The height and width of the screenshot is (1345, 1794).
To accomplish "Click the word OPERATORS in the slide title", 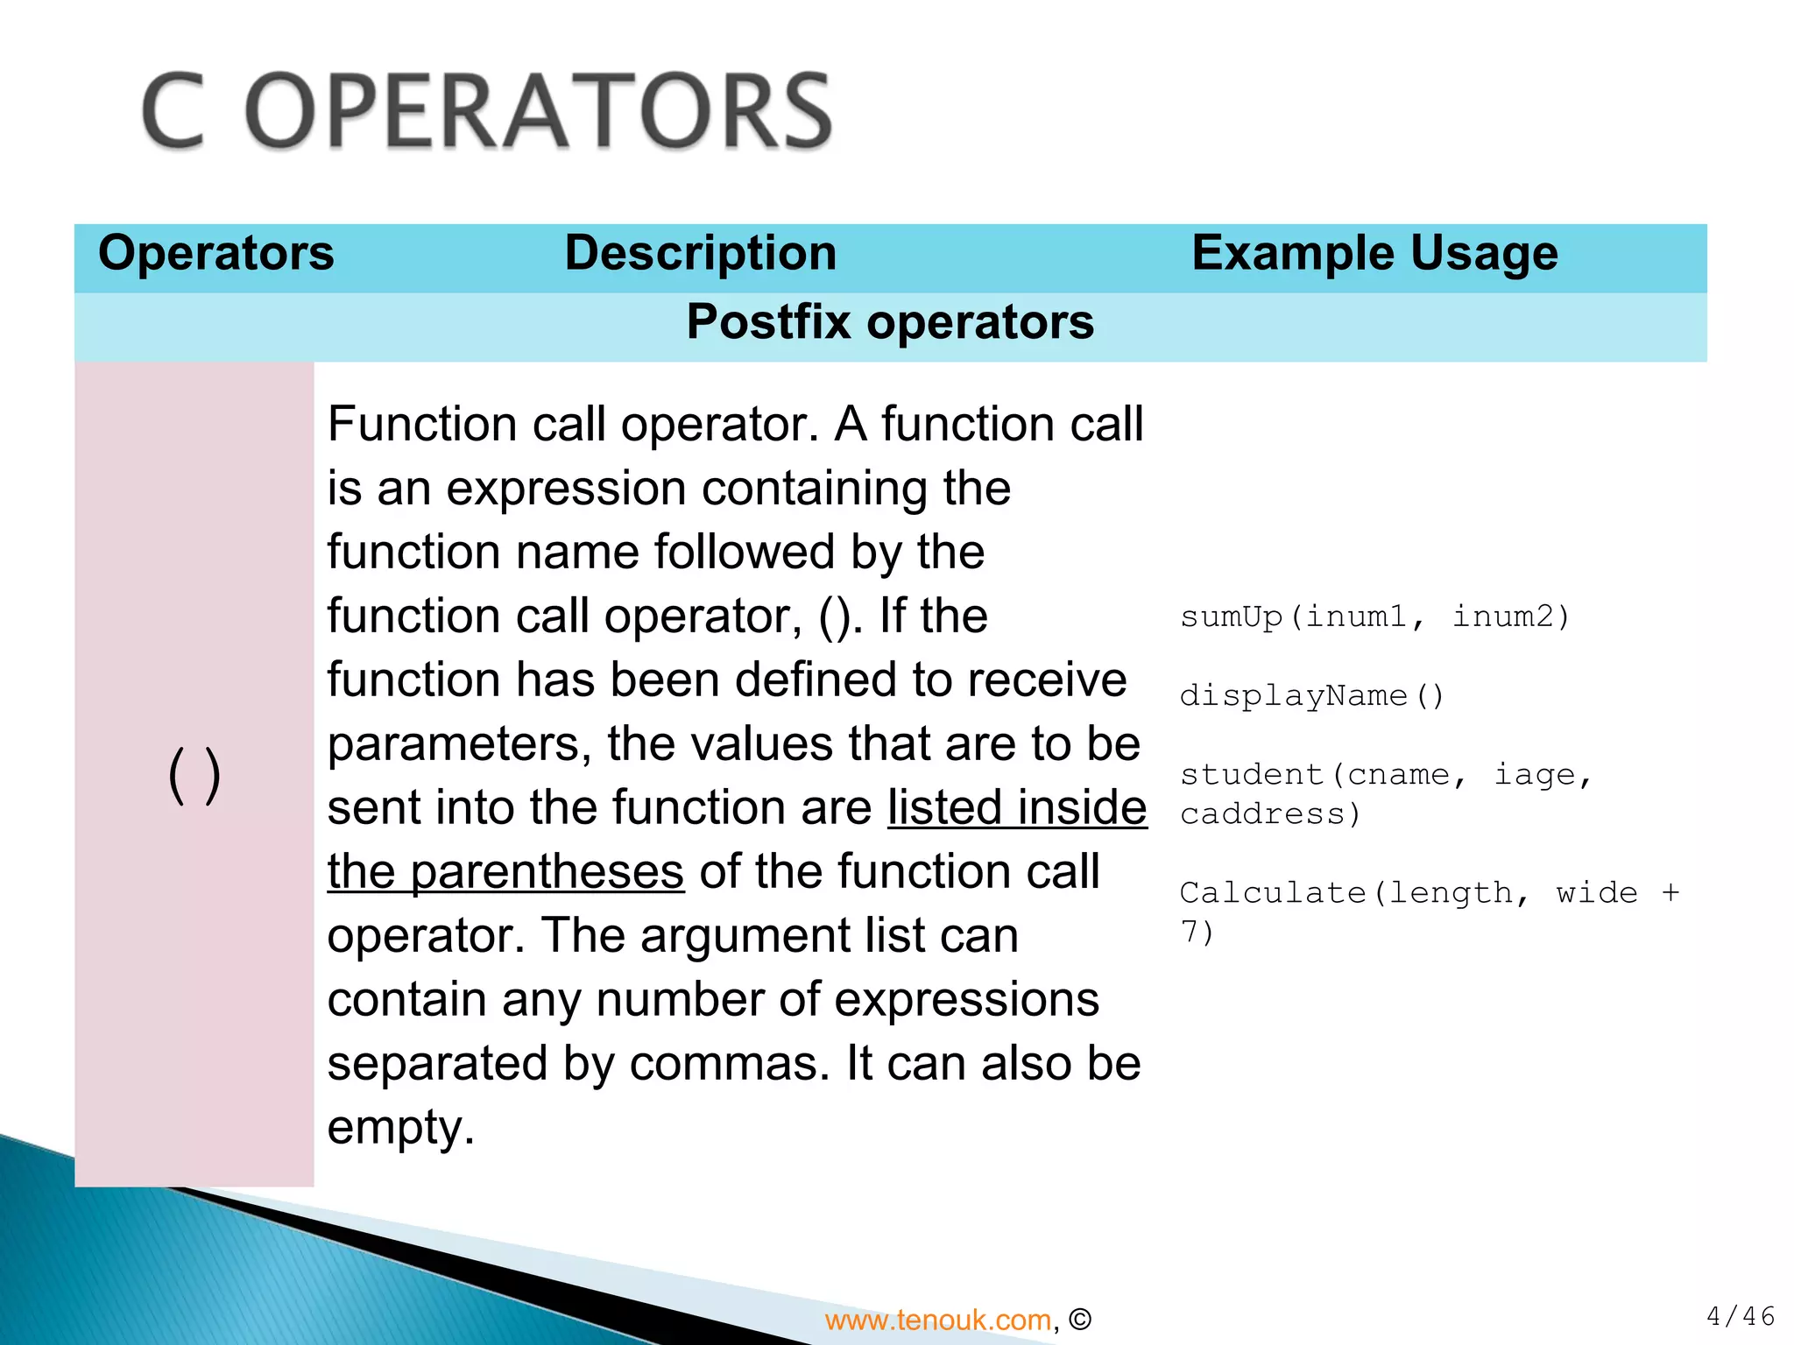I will click(x=538, y=112).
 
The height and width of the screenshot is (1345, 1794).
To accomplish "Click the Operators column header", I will click(x=215, y=253).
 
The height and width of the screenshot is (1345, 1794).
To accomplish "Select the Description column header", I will click(x=701, y=253).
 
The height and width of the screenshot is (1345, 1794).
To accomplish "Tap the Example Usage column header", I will click(x=1374, y=253).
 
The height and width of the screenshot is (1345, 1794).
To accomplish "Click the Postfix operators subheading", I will click(x=890, y=321).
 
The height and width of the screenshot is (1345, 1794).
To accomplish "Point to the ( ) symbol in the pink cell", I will click(x=194, y=775).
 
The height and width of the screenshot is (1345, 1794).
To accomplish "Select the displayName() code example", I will click(x=1311, y=696).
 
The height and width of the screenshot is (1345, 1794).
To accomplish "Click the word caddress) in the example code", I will click(x=1270, y=814).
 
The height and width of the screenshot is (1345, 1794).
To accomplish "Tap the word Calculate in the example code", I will click(x=1272, y=893).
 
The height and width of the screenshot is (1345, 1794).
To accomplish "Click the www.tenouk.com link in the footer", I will click(x=937, y=1320).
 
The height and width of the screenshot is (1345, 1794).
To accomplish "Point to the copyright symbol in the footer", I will click(x=1080, y=1320).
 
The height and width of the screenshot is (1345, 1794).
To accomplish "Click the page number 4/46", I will click(x=1740, y=1315).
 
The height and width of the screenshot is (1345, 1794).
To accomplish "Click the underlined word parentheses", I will click(x=547, y=872).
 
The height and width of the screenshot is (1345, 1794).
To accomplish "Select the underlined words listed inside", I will click(x=1016, y=807).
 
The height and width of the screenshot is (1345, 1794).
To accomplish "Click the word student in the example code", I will click(x=1251, y=775).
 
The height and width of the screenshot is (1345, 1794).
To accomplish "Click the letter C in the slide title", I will click(x=173, y=112).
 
